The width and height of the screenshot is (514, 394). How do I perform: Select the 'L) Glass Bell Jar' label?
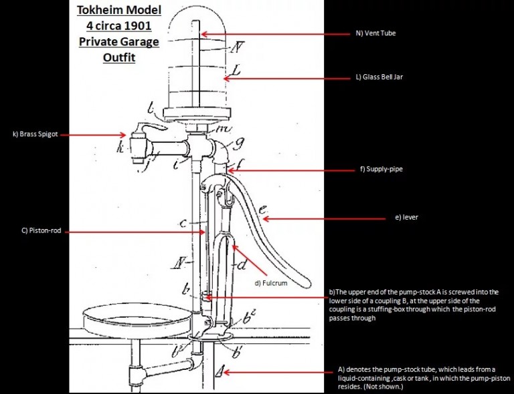379,77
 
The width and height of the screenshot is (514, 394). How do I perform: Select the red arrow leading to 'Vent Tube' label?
274,33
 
